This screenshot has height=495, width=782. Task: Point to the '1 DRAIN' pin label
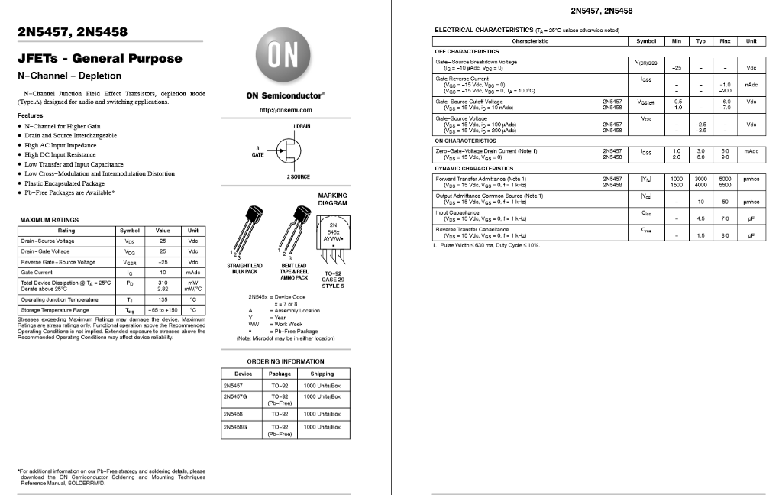click(x=301, y=125)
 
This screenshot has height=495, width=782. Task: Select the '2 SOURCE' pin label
click(x=299, y=176)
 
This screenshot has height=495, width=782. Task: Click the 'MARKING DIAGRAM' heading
click(x=332, y=199)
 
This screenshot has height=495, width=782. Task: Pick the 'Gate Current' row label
click(x=37, y=272)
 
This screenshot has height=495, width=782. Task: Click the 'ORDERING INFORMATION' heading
click(x=286, y=361)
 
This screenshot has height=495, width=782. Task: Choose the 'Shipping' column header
click(x=322, y=374)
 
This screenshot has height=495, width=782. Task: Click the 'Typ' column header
click(x=700, y=41)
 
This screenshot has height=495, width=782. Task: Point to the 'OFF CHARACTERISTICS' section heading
click(x=467, y=51)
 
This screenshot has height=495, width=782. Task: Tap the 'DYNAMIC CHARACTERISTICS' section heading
click(x=474, y=168)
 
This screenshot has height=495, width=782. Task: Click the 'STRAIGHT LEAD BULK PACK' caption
click(x=244, y=269)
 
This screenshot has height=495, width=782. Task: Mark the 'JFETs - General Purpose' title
click(x=100, y=58)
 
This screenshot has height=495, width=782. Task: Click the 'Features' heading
click(x=30, y=115)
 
